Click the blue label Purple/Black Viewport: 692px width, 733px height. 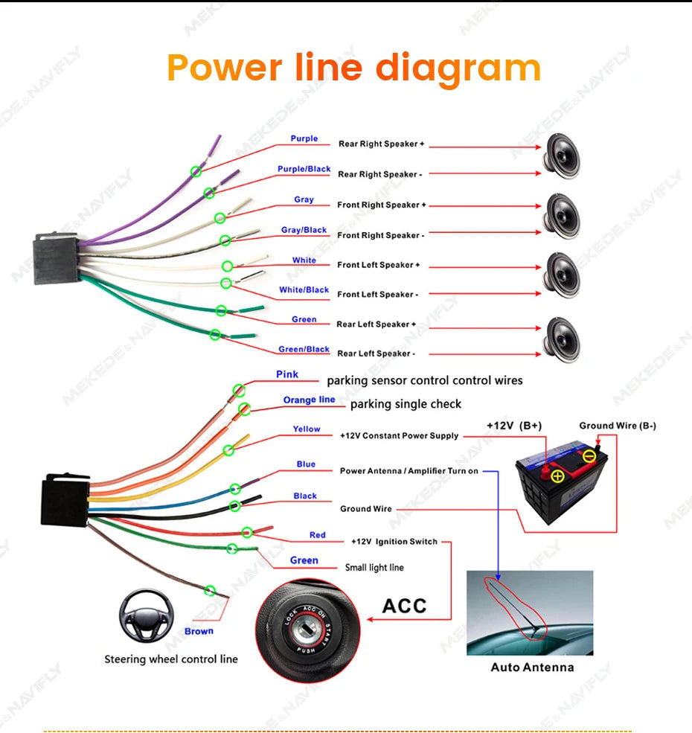(304, 169)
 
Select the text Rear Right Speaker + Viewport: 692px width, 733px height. (381, 144)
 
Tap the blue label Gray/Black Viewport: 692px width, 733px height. (304, 230)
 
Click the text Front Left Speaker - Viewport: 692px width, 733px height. (377, 295)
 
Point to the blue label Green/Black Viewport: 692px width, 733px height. (304, 349)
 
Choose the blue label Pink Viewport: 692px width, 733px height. (287, 374)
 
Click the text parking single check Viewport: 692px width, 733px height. (406, 404)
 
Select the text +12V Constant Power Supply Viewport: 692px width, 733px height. (399, 435)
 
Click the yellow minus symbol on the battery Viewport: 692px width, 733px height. (589, 455)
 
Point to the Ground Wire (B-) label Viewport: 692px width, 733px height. (618, 426)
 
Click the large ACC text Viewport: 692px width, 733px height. (405, 606)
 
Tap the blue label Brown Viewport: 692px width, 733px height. (199, 631)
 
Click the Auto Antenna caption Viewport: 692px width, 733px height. (532, 667)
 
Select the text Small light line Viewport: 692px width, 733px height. (374, 568)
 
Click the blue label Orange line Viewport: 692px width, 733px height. (309, 400)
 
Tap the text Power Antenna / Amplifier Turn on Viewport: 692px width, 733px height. (409, 471)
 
